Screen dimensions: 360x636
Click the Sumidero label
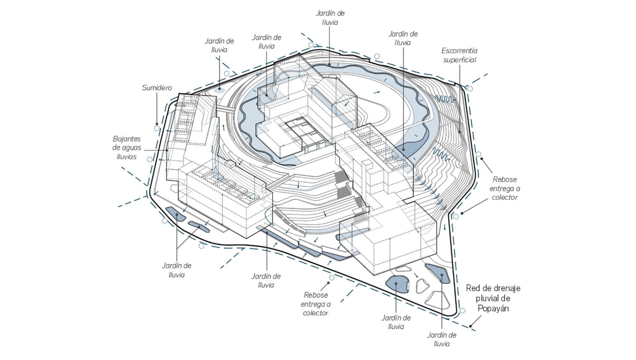pos(157,88)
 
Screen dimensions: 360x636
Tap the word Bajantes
pos(127,139)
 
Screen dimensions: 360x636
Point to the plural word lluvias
pos(126,157)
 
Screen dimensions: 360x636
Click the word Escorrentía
pos(459,51)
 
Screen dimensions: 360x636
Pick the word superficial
pos(459,60)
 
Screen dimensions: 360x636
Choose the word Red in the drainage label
pos(473,288)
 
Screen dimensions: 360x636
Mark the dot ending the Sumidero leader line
pos(156,124)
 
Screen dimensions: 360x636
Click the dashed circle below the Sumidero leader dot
pos(156,128)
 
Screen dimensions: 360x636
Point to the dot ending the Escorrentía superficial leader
pos(460,132)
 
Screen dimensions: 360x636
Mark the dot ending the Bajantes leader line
pos(168,150)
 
